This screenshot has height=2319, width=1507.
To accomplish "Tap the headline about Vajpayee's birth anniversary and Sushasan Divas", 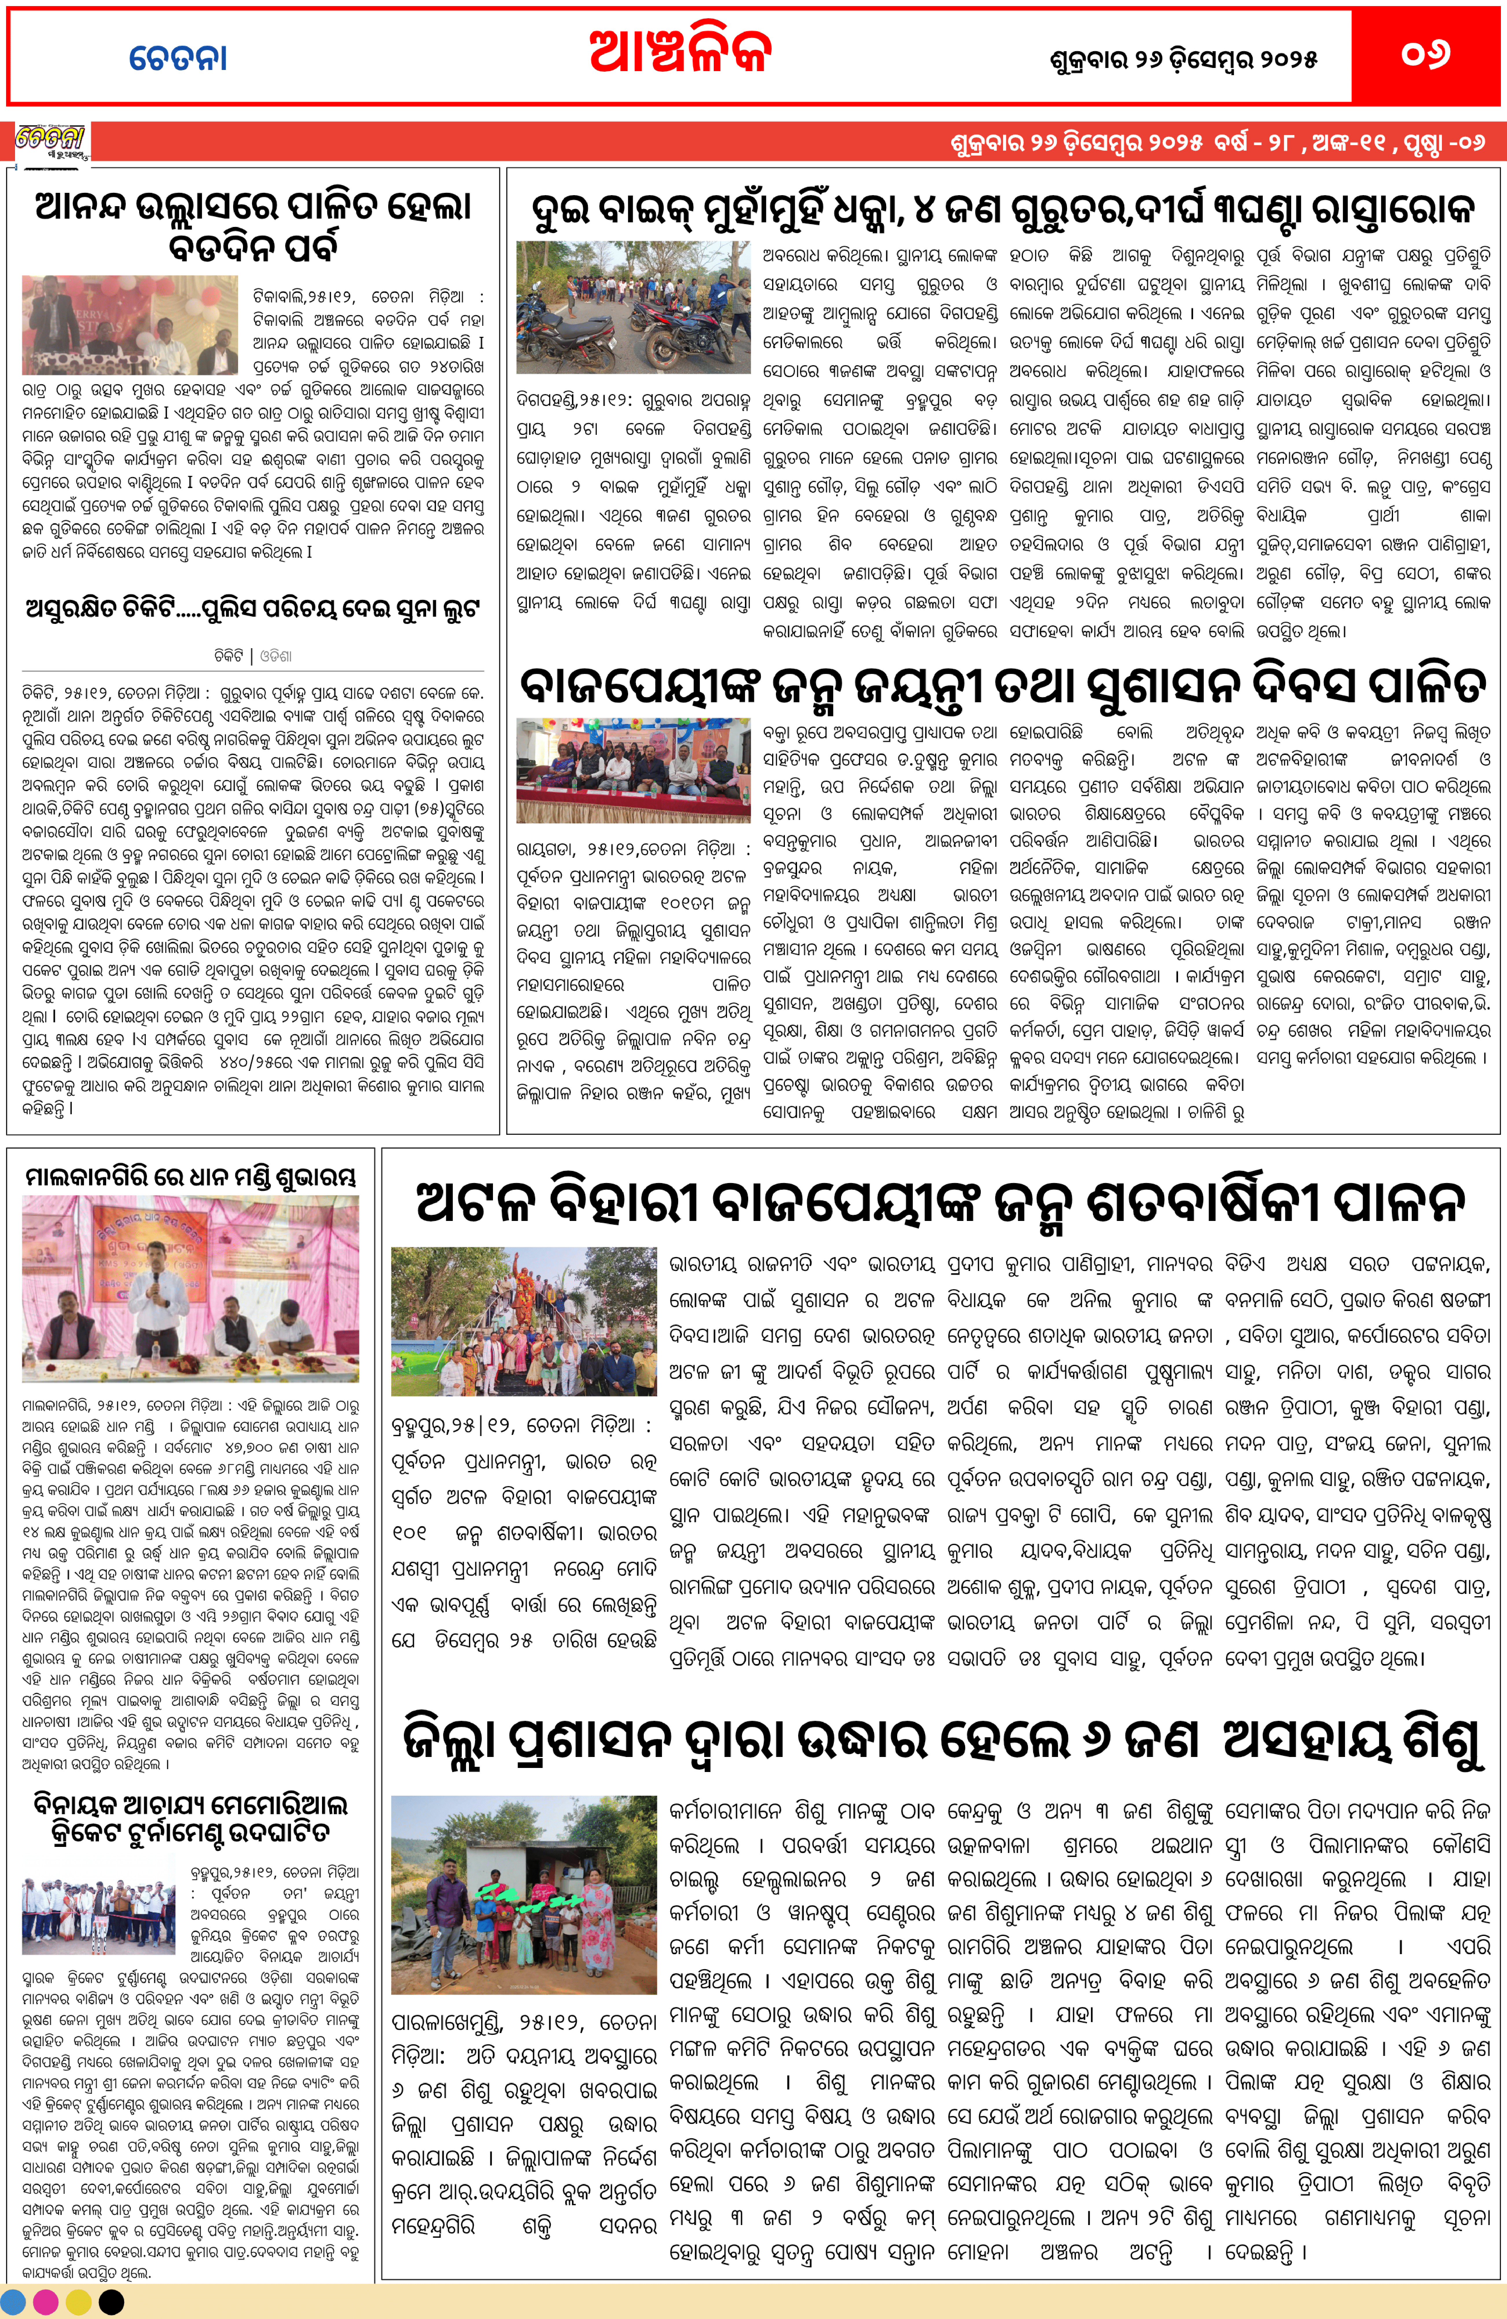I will (x=1002, y=686).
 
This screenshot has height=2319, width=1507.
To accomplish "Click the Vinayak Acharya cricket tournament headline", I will (x=191, y=1818).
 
